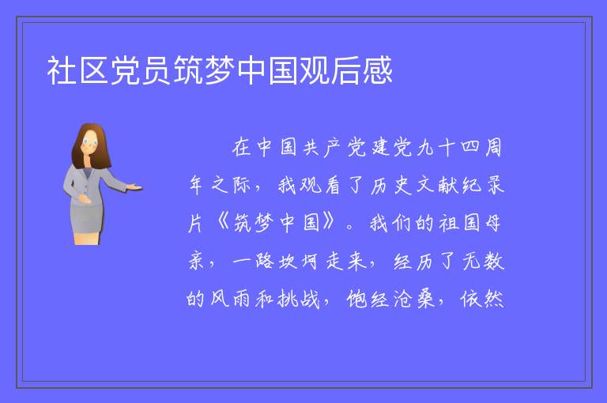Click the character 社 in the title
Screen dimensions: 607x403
[61, 70]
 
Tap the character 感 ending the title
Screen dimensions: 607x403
[378, 70]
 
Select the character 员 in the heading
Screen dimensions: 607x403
[156, 70]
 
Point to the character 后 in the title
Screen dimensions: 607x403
[345, 70]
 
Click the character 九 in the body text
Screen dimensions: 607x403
[424, 148]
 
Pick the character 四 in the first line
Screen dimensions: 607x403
[470, 148]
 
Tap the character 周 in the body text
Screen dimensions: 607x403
[493, 148]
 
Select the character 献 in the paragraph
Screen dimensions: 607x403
[448, 186]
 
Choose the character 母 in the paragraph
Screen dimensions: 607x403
[493, 224]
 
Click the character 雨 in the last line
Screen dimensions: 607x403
[241, 299]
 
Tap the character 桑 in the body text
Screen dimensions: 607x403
[426, 299]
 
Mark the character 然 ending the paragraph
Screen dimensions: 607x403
[493, 299]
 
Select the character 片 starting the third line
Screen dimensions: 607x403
[196, 224]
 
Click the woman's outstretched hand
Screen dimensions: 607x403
[134, 188]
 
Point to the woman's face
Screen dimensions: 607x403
[90, 142]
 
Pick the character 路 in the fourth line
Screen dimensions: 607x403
[265, 262]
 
